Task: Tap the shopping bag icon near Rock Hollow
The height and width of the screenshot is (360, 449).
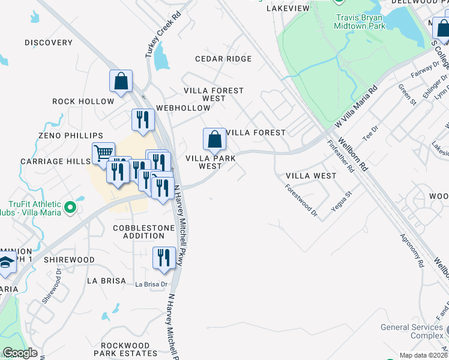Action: click(121, 82)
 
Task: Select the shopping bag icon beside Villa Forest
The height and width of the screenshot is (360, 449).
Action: click(214, 140)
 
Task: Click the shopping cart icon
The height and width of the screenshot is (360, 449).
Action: click(103, 154)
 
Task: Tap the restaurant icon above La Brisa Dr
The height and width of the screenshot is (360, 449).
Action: click(163, 258)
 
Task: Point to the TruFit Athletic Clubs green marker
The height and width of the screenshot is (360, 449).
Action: click(70, 208)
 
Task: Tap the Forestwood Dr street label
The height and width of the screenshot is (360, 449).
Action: click(301, 199)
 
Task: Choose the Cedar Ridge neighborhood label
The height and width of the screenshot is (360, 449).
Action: click(223, 59)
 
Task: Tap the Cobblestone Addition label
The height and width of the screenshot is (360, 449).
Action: click(143, 232)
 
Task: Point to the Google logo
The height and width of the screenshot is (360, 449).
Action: click(20, 353)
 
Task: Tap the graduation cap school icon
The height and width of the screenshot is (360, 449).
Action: click(6, 263)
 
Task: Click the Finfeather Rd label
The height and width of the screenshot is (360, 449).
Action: click(340, 157)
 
